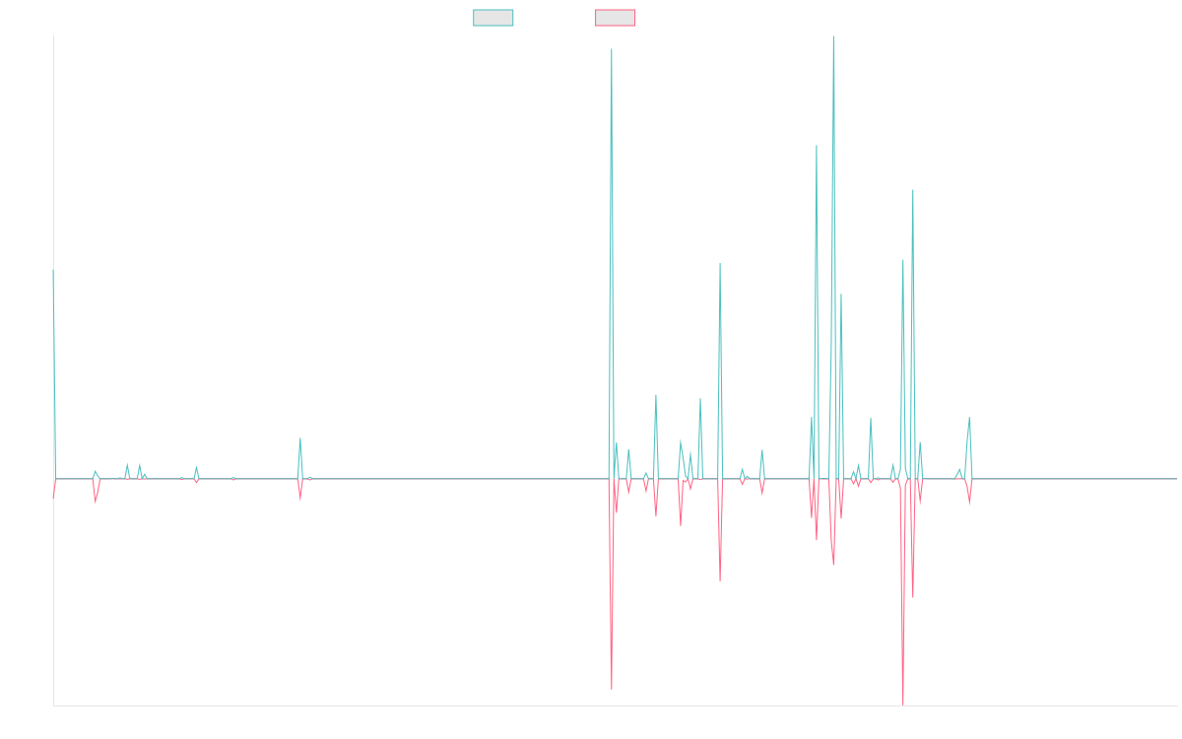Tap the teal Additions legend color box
coord(493,18)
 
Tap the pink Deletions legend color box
coord(615,18)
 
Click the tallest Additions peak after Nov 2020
coord(833,37)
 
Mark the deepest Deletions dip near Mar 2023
coord(903,705)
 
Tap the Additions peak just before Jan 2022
coord(720,264)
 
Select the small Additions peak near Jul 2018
coord(300,437)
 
